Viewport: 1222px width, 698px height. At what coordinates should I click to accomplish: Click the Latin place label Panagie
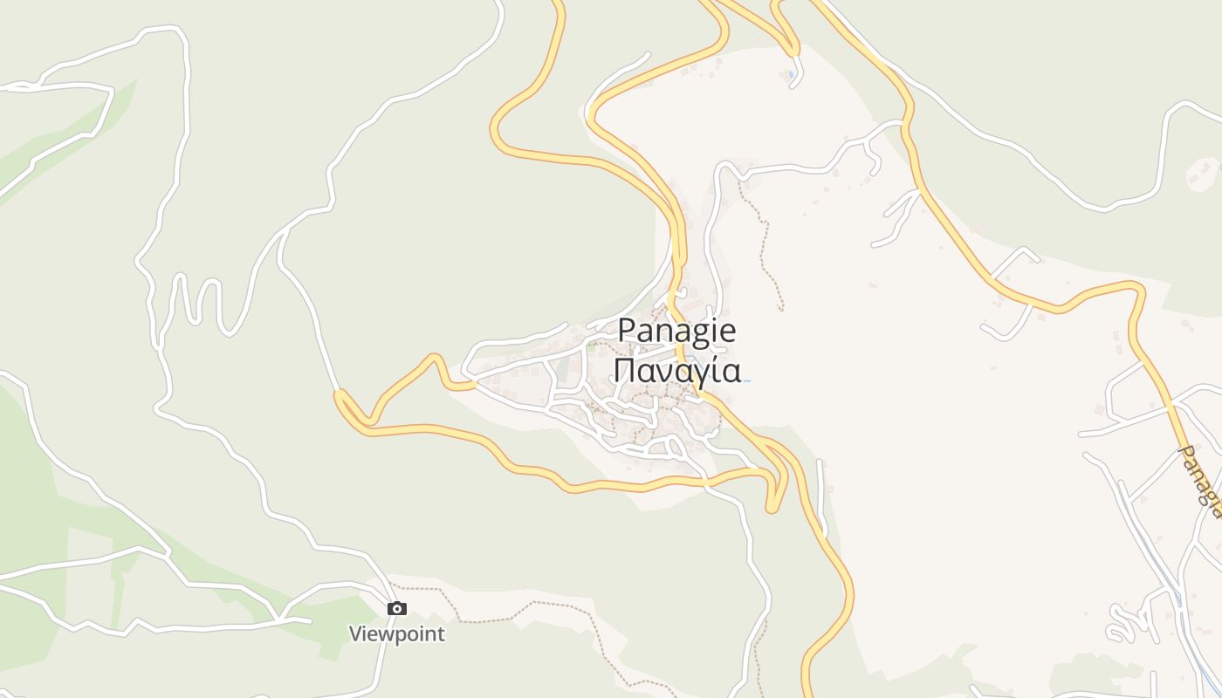(676, 332)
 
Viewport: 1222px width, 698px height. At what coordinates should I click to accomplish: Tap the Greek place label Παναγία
(676, 370)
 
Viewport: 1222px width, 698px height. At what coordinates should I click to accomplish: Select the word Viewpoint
(397, 634)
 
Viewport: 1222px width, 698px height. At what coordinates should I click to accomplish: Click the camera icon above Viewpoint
(397, 608)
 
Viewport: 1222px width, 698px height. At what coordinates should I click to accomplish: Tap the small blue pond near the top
(791, 75)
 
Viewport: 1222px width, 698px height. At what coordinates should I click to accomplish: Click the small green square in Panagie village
(591, 346)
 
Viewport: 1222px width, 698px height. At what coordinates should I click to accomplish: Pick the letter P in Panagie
(626, 331)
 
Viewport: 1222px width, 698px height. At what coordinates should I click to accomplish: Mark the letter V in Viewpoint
(356, 633)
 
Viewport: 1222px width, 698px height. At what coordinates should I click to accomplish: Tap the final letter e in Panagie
(728, 332)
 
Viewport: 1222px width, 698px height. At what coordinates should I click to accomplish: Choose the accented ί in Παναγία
(718, 370)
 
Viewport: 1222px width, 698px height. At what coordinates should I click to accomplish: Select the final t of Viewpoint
(441, 634)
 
